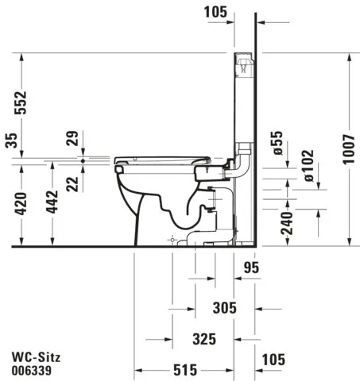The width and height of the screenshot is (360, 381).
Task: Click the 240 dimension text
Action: (287, 221)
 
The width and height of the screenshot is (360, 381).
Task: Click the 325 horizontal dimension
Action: (203, 339)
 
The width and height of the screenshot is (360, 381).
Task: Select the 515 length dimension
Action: (184, 371)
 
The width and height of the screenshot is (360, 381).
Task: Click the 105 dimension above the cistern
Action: (215, 11)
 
